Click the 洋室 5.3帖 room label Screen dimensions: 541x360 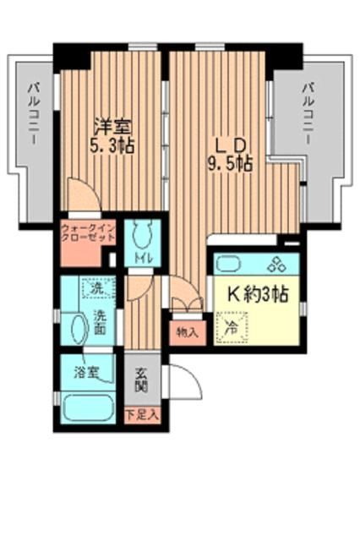pos(112,134)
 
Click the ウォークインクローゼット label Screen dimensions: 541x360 pos(87,232)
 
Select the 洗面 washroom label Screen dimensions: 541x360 pos(101,324)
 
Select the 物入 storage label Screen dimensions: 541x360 pos(187,331)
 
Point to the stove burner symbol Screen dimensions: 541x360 pos(276,265)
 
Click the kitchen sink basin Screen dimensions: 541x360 pos(230,264)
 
